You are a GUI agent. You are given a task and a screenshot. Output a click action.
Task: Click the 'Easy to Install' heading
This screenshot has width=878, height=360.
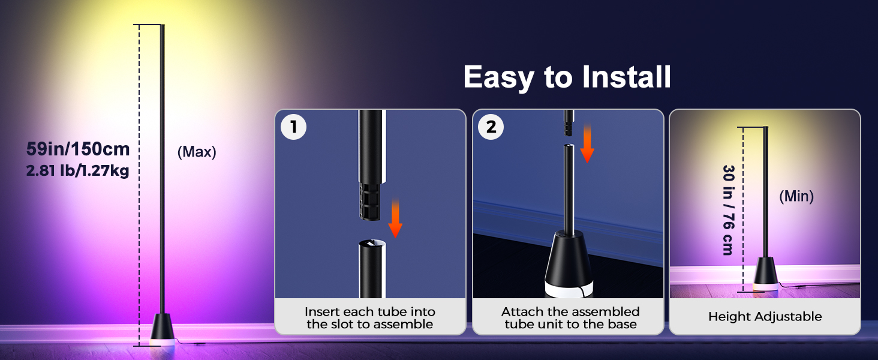tap(567, 77)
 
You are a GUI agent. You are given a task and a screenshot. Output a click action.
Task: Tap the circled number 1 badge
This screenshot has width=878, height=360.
tap(294, 127)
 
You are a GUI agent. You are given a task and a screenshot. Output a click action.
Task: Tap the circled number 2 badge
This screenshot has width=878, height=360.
tap(491, 127)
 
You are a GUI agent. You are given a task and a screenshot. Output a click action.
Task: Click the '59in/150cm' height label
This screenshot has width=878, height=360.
tap(78, 149)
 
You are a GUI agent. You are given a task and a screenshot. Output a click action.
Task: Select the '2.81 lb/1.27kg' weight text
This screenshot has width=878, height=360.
tap(77, 170)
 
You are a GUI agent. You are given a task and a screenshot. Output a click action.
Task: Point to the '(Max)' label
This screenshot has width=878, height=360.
tap(197, 152)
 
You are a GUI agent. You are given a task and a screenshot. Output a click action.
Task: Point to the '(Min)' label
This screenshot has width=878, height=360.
tap(796, 196)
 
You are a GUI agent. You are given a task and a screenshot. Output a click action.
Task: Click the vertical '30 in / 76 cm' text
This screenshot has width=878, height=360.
tap(728, 210)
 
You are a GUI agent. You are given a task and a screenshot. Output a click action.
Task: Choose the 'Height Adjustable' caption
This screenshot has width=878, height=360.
tap(765, 316)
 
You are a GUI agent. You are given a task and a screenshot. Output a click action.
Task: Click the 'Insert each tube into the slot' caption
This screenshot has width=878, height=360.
tap(370, 317)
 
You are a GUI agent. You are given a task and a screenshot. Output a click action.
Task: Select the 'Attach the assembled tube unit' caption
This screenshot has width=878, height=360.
tap(570, 317)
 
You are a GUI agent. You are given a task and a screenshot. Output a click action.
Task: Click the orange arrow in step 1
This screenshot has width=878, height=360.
tap(395, 218)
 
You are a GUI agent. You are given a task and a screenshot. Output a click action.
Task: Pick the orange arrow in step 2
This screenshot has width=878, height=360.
tap(587, 143)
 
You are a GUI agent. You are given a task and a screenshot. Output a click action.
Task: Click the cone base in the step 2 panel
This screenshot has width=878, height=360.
tap(569, 265)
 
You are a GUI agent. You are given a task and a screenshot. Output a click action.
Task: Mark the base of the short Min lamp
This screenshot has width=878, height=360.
tap(765, 274)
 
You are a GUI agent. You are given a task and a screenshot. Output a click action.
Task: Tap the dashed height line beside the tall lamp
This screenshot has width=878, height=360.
tap(139, 185)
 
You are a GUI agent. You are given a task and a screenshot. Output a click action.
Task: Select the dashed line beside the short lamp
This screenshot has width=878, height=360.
tap(743, 209)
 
